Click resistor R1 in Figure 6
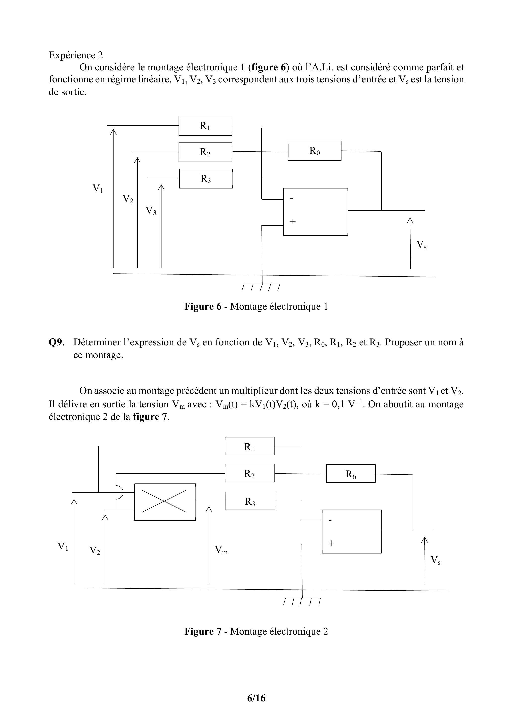(x=205, y=126)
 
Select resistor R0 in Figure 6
(x=315, y=151)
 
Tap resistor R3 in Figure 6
(x=206, y=179)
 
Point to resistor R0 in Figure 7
(x=351, y=474)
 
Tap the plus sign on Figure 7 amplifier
(x=331, y=543)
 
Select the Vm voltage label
(x=221, y=550)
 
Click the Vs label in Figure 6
(x=421, y=245)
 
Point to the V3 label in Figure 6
(x=151, y=211)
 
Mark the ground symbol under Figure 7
(x=302, y=601)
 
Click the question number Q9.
(x=57, y=342)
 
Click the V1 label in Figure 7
(x=63, y=546)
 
